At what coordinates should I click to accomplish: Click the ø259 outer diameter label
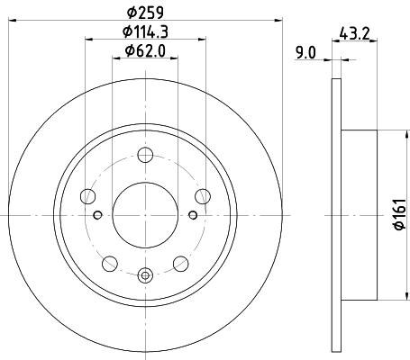[x=145, y=13]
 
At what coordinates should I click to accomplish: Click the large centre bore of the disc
[x=144, y=215]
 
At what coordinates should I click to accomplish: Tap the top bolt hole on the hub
[x=144, y=154]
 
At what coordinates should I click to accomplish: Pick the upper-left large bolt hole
[x=87, y=195]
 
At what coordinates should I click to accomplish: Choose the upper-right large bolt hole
[x=201, y=195]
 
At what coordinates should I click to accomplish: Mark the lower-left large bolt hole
[x=109, y=263]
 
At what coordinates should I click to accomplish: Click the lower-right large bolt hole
[x=179, y=263]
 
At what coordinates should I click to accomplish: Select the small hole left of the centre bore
[x=96, y=215]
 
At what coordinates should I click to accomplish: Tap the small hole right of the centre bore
[x=193, y=215]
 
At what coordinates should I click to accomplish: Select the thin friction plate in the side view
[x=337, y=215]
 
